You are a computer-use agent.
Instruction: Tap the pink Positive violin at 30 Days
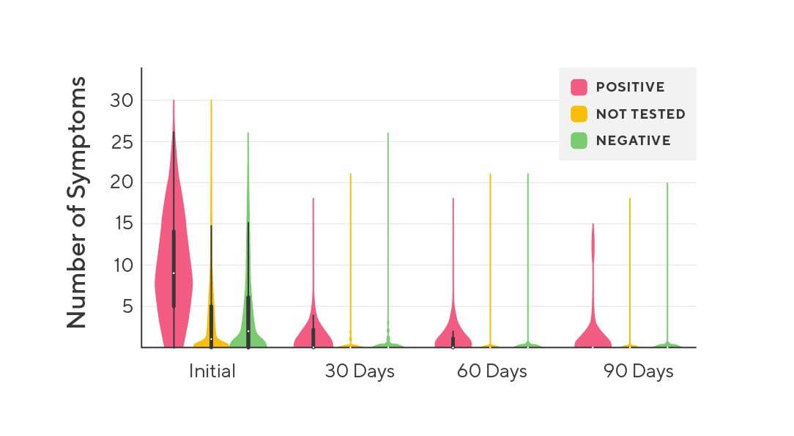click(x=313, y=333)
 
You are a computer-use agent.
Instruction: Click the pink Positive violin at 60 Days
click(x=453, y=333)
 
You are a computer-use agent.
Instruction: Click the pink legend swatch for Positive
click(x=579, y=87)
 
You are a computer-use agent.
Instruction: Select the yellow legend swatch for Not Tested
click(x=579, y=114)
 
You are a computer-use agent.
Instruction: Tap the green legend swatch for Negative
click(x=579, y=141)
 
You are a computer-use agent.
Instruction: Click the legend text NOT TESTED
click(x=640, y=114)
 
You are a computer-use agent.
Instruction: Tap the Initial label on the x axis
click(x=212, y=371)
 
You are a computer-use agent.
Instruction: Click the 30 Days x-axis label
click(x=359, y=371)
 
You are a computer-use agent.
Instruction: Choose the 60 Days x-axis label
click(x=491, y=371)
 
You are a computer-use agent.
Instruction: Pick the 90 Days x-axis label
click(x=638, y=371)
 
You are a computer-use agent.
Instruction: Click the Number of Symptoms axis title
click(x=76, y=202)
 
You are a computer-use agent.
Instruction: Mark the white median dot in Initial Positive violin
click(x=174, y=273)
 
